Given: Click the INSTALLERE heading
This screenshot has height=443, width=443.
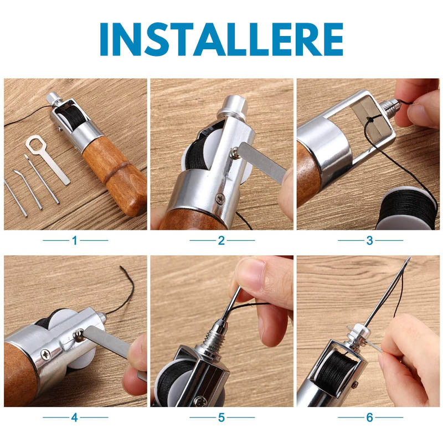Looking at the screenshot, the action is (221, 39).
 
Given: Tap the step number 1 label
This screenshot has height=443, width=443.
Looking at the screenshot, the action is (75, 241).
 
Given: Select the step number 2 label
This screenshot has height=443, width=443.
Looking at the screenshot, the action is (221, 241).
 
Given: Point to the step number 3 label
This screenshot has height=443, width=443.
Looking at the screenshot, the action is (369, 241).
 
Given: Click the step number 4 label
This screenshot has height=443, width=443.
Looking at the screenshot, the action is (74, 418).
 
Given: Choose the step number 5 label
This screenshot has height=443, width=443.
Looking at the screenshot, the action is (221, 418).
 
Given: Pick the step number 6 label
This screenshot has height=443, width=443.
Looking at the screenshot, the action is (369, 418).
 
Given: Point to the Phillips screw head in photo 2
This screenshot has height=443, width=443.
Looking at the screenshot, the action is (220, 198).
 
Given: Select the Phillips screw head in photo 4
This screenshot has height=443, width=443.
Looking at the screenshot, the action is (45, 354).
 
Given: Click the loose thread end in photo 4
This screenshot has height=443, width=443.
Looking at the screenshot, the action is (121, 267).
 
